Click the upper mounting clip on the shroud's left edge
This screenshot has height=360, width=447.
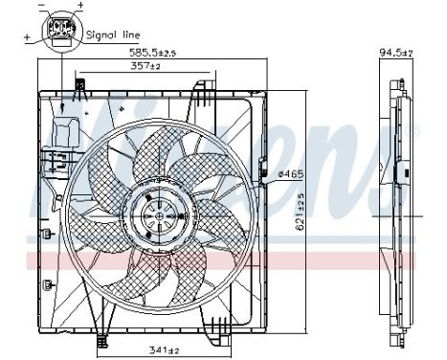(47, 233)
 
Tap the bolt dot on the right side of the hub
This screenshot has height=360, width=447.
(173, 215)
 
